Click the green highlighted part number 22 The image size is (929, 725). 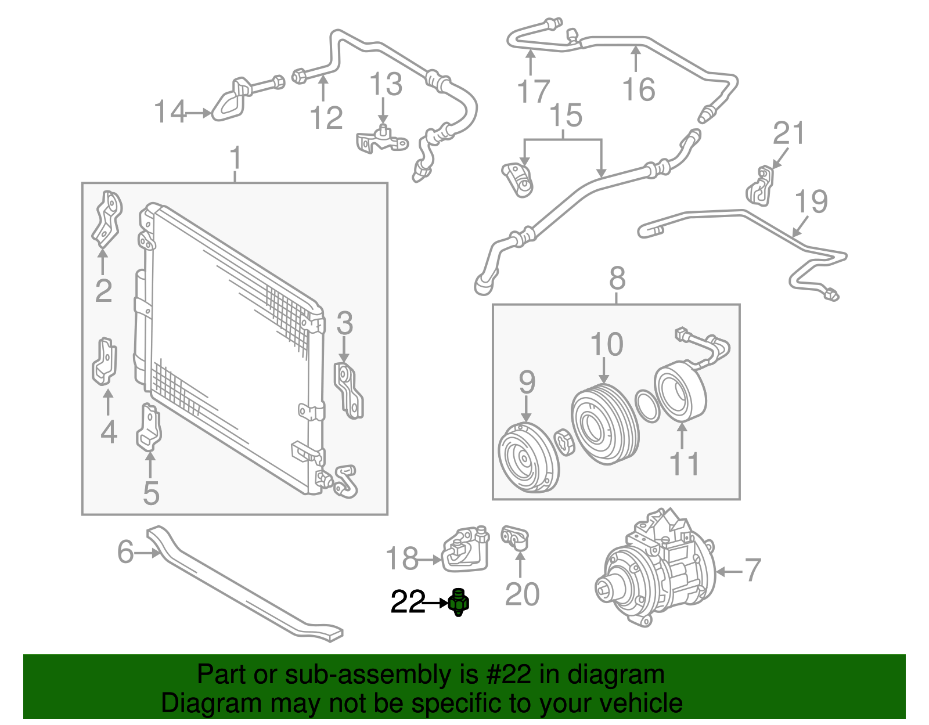[x=459, y=603]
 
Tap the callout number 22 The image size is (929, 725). [x=408, y=603]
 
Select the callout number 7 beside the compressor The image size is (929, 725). [x=752, y=570]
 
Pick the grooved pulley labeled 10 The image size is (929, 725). [x=604, y=424]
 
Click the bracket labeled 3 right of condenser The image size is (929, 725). [x=349, y=391]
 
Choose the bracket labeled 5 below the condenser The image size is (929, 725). [x=149, y=427]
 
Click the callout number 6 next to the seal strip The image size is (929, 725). [x=125, y=552]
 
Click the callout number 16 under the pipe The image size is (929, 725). [x=638, y=90]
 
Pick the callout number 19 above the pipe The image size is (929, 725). [x=811, y=201]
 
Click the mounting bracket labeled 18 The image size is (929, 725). [x=464, y=549]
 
